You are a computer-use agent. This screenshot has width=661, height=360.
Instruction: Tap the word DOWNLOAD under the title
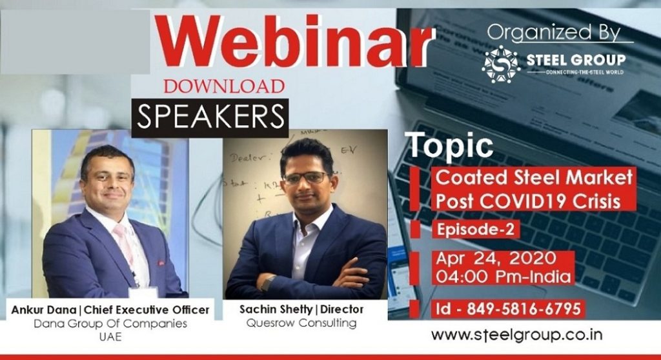pos(224,86)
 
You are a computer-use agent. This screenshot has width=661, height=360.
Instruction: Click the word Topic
pos(450,146)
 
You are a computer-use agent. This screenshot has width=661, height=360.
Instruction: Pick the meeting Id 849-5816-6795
pos(508,308)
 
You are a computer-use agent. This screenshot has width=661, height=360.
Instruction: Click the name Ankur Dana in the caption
pos(41,310)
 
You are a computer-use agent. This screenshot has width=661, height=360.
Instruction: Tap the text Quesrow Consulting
pos(301,323)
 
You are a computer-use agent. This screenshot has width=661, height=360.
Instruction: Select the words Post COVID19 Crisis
pos(527,200)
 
